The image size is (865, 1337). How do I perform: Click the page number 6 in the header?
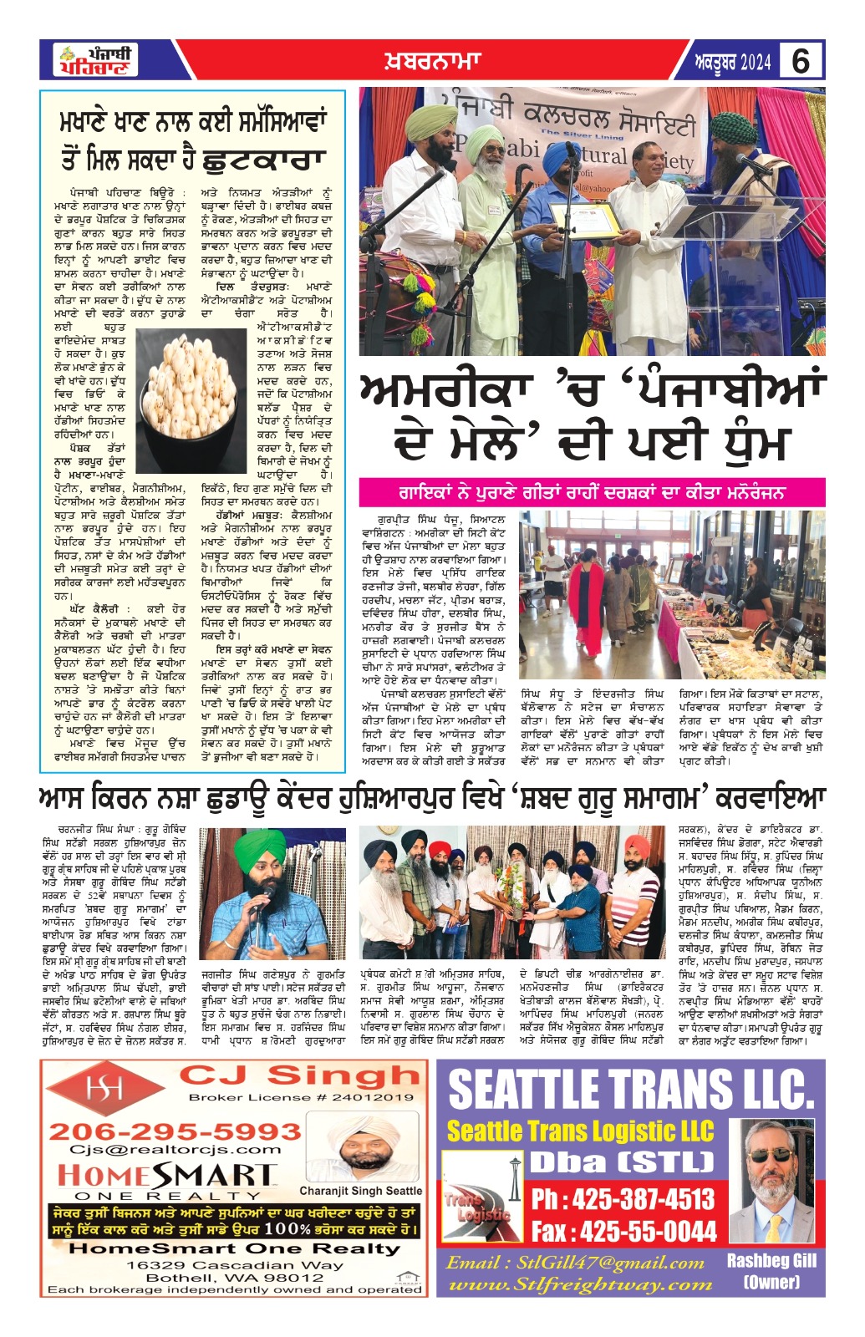(800, 62)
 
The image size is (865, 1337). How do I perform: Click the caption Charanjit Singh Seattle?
(361, 1191)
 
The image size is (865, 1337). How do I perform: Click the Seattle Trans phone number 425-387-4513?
(623, 1200)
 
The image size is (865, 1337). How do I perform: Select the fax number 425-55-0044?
(623, 1231)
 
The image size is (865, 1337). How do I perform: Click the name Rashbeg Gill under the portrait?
(771, 1261)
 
